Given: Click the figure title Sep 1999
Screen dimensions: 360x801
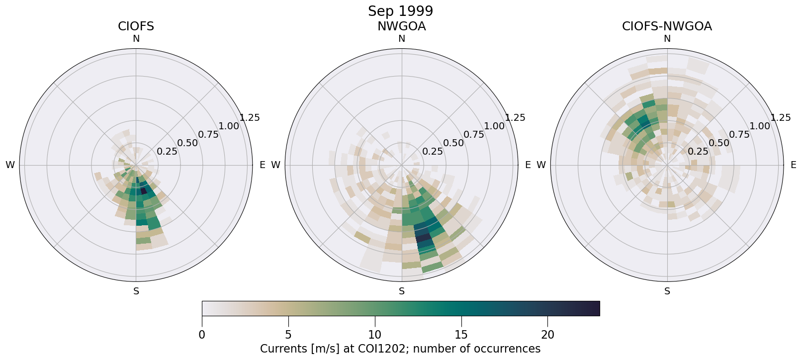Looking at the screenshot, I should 400,11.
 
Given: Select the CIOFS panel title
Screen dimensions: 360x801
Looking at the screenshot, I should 136,26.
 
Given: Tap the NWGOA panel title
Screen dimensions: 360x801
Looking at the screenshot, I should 401,26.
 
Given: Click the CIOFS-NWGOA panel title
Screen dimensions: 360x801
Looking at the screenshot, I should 667,26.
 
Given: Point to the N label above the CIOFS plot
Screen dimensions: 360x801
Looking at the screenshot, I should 136,39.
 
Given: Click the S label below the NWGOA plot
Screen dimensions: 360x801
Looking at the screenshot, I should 402,291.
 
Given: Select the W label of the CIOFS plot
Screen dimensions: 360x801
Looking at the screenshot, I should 10,165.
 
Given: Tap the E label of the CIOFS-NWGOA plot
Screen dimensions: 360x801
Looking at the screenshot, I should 794,165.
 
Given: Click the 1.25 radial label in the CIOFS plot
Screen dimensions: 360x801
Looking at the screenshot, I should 250,118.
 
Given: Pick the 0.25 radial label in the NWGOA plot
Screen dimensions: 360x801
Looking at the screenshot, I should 433,152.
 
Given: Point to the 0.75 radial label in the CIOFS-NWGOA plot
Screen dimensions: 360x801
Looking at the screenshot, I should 739,134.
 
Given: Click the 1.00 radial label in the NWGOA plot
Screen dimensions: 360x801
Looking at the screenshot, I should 494,126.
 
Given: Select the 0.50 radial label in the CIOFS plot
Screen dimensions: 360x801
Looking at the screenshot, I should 187,143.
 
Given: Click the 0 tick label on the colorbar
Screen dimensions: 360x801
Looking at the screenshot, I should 202,335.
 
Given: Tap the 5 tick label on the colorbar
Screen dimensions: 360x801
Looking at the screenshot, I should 288,335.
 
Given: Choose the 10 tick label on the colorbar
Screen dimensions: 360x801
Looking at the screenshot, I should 375,335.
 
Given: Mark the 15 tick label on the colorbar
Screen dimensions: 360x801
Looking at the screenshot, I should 461,335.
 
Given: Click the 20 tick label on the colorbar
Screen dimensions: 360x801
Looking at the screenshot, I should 547,335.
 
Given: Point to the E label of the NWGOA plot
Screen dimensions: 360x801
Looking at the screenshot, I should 528,165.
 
